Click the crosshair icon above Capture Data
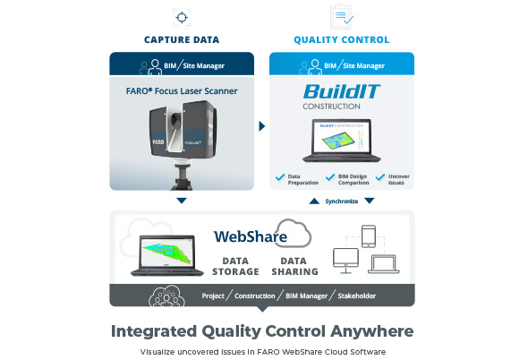tap(182, 18)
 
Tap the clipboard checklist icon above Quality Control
tap(342, 16)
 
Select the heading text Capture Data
tap(182, 39)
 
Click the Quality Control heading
tap(342, 39)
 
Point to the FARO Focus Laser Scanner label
tap(182, 91)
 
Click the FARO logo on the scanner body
tap(158, 141)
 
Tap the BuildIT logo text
tap(342, 91)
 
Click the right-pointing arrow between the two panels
tap(262, 126)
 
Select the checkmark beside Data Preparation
tap(280, 177)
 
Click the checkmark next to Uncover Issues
tap(380, 177)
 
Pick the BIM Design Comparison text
tap(353, 180)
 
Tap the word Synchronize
tap(342, 201)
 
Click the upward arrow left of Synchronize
tap(314, 201)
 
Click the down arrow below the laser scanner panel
tap(182, 201)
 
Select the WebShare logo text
tap(251, 236)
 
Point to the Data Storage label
tap(235, 266)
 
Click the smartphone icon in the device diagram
tap(369, 236)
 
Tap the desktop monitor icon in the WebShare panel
tap(345, 261)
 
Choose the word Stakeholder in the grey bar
tap(356, 296)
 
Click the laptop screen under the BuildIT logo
tap(342, 137)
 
